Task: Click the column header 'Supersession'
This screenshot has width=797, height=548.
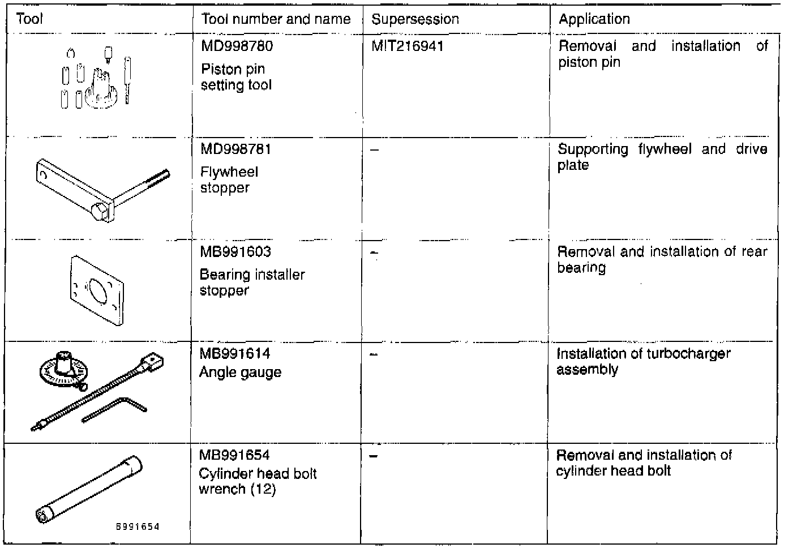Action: (x=415, y=19)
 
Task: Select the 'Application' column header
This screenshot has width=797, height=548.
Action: (x=594, y=19)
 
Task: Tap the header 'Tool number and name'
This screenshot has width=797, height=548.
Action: (x=276, y=19)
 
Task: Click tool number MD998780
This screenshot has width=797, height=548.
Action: (x=237, y=46)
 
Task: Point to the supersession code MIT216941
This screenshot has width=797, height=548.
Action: (x=407, y=46)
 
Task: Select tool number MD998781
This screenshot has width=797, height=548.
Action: (x=235, y=149)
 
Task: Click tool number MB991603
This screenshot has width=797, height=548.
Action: (x=235, y=251)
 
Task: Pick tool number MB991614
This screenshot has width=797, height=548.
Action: (x=234, y=354)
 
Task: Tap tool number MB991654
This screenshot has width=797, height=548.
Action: (x=234, y=455)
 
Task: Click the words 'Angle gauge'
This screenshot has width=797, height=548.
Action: (x=240, y=373)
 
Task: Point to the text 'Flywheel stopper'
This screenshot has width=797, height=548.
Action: (x=229, y=180)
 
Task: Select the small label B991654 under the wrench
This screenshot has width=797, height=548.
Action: (x=138, y=527)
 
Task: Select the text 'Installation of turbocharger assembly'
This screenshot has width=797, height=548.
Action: (x=643, y=362)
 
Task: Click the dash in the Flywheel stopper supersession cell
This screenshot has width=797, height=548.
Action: (x=375, y=151)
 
